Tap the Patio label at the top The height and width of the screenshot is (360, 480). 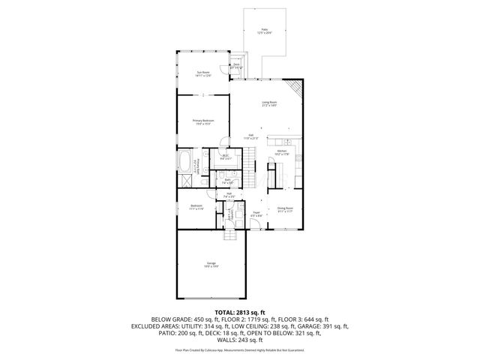pos(265,31)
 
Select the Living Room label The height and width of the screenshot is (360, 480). pos(270,103)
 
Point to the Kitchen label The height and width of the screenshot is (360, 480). pos(282,152)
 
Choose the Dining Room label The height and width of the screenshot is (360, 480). pos(285,209)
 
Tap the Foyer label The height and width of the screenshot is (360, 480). pos(256,213)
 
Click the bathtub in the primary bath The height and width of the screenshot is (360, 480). pos(185,160)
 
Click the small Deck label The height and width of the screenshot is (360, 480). pos(236,66)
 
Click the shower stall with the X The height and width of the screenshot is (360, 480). pos(184,182)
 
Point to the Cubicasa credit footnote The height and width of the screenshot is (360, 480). pos(240,349)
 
